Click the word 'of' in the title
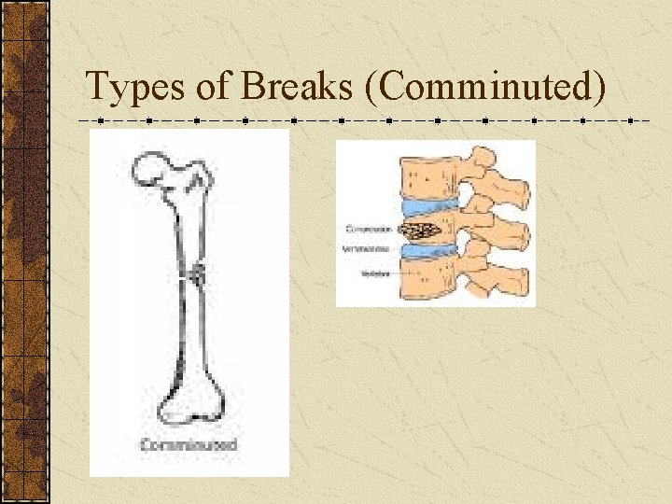click(x=215, y=87)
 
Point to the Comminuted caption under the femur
click(x=189, y=445)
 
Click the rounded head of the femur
click(x=151, y=168)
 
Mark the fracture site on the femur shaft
click(x=197, y=273)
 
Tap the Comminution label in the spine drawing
click(x=370, y=228)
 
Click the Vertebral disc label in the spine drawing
click(x=370, y=250)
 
